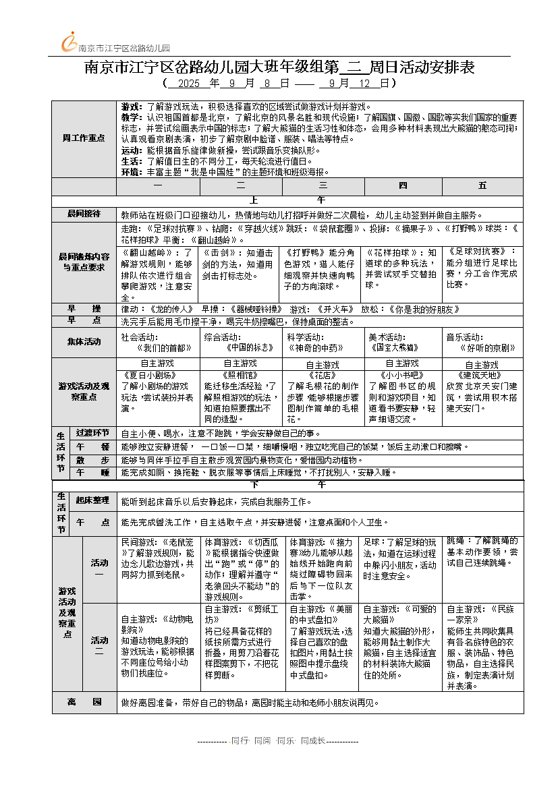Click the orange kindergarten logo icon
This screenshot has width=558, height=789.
tap(68, 42)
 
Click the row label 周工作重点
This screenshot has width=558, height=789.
tap(84, 138)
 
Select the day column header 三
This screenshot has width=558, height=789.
tap(323, 185)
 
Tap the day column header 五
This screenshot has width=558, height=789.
tap(482, 185)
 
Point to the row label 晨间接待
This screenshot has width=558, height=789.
tap(84, 214)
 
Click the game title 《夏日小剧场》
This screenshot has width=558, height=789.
tap(146, 374)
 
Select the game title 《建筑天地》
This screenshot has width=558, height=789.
tap(480, 374)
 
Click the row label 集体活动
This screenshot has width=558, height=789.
tap(84, 342)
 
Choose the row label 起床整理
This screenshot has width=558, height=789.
tap(92, 500)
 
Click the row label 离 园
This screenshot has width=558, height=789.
tap(84, 702)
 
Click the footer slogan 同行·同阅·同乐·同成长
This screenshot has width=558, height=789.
tap(278, 740)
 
